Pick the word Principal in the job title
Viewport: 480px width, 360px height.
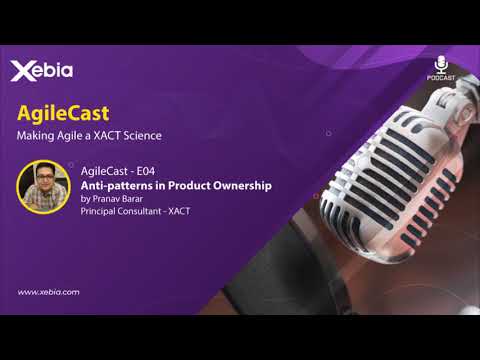(x=100, y=211)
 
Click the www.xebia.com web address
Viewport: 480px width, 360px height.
(x=49, y=292)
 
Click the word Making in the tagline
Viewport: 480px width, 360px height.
(x=35, y=135)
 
